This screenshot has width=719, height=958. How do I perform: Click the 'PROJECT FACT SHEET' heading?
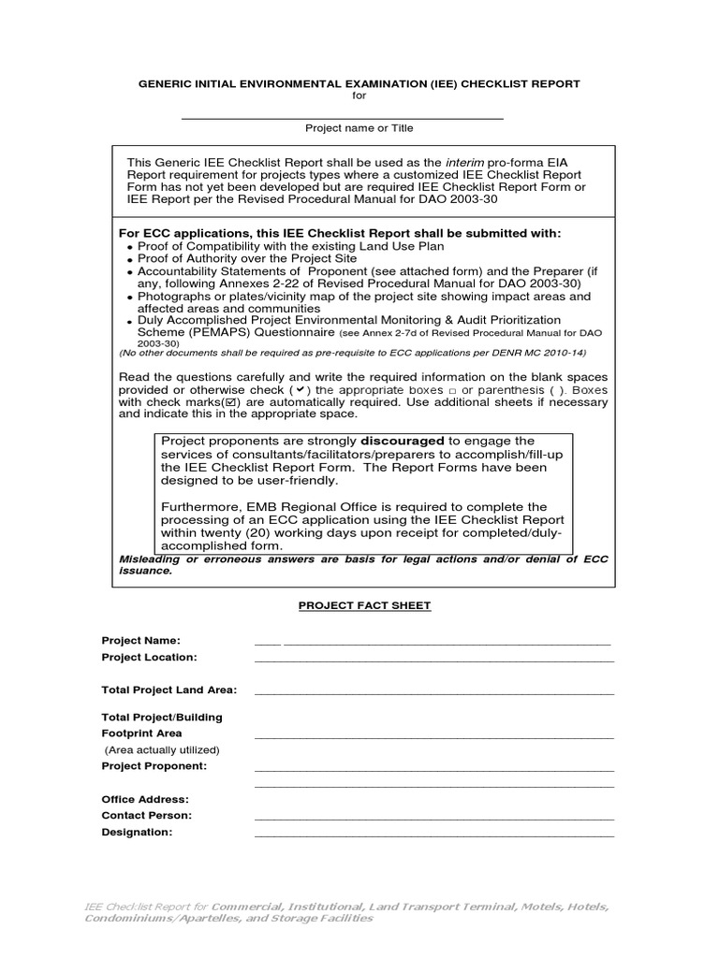pyautogui.click(x=364, y=605)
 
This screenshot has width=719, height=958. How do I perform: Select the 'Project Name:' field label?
pyautogui.click(x=140, y=640)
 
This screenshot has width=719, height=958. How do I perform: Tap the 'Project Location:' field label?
pyautogui.click(x=149, y=657)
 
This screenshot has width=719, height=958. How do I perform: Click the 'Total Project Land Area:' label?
pyautogui.click(x=169, y=689)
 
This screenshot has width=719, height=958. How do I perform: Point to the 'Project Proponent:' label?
pyautogui.click(x=154, y=765)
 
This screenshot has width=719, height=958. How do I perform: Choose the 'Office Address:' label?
pyautogui.click(x=145, y=799)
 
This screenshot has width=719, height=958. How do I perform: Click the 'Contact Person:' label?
pyautogui.click(x=146, y=815)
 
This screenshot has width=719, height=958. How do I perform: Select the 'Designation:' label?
pyautogui.click(x=137, y=832)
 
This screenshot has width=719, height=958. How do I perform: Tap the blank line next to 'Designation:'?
pyautogui.click(x=433, y=833)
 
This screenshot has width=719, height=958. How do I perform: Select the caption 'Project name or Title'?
pyautogui.click(x=359, y=128)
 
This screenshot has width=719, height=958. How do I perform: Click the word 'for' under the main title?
pyautogui.click(x=359, y=96)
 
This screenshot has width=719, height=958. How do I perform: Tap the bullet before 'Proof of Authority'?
pyautogui.click(x=129, y=259)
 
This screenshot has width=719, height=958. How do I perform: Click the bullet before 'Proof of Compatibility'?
pyautogui.click(x=129, y=247)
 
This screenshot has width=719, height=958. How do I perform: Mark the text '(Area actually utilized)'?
pyautogui.click(x=161, y=749)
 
